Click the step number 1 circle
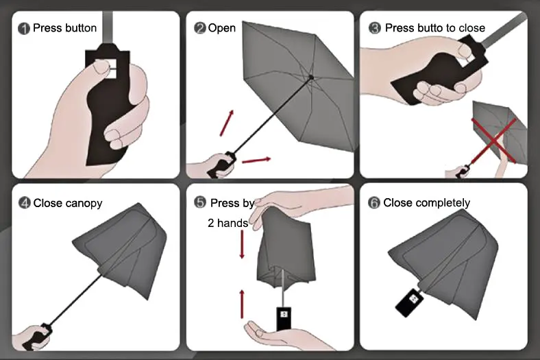24,29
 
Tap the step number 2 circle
199,28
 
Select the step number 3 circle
375,28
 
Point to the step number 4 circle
25,202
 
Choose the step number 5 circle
200,202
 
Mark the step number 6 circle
374,202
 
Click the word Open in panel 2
222,28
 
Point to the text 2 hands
228,224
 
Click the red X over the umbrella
494,141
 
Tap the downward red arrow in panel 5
242,244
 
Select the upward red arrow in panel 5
242,304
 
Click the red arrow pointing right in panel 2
256,160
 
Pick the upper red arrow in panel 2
227,123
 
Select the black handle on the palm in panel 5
284,318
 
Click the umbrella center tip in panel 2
311,77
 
